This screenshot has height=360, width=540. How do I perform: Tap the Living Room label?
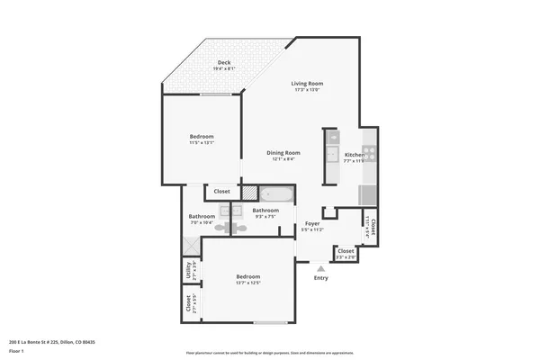pos(306,85)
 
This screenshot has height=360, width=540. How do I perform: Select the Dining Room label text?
pos(283,153)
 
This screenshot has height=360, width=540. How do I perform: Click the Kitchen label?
pos(355,155)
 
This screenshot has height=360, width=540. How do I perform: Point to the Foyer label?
pos(312,223)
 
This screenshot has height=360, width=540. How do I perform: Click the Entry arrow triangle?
pos(321,267)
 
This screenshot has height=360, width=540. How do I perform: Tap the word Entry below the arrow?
pos(321,278)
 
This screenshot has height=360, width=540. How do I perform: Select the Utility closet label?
pos(189,269)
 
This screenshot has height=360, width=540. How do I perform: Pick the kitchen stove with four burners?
pos(367,153)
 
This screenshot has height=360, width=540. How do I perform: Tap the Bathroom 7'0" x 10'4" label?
pos(202,217)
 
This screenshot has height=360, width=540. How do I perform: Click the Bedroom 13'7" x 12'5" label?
pos(248,276)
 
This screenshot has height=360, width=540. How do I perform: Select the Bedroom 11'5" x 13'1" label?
pos(202,137)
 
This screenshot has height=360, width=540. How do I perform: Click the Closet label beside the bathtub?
pos(221,191)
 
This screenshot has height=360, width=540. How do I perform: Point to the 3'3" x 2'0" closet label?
pos(346,254)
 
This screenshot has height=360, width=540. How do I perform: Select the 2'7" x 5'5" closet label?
pos(189,302)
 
